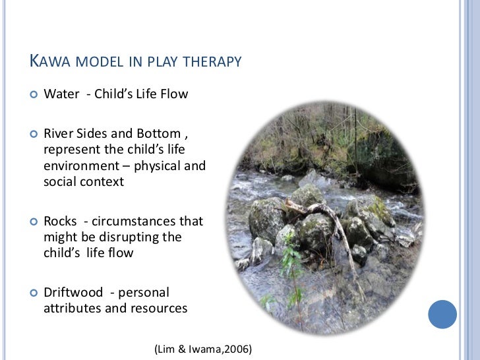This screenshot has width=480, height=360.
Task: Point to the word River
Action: (x=59, y=134)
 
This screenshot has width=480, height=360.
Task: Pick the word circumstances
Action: (x=147, y=221)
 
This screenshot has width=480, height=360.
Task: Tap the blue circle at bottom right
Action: (x=442, y=314)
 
